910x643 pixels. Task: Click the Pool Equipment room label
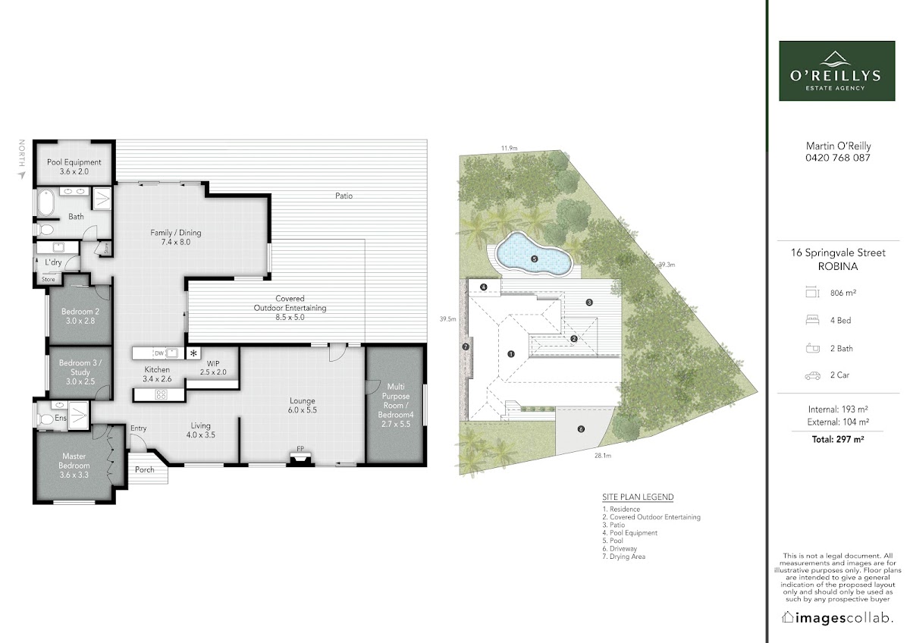click(x=74, y=167)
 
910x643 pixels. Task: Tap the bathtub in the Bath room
click(x=46, y=203)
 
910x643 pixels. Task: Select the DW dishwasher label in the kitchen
click(x=159, y=353)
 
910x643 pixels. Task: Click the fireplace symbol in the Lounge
click(x=300, y=459)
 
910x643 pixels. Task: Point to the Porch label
click(x=145, y=469)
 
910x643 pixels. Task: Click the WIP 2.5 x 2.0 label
click(x=213, y=368)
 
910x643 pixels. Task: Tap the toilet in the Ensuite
click(x=45, y=419)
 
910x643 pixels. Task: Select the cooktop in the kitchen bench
click(x=161, y=394)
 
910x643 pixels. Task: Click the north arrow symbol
click(x=21, y=175)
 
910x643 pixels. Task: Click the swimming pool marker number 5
click(x=535, y=259)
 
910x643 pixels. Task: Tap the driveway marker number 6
click(x=581, y=429)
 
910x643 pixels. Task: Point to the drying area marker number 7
click(x=466, y=347)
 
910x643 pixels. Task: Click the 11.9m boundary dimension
click(x=509, y=149)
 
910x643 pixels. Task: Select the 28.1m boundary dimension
click(x=603, y=456)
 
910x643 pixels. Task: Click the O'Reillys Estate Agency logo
click(x=837, y=71)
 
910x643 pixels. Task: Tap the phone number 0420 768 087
click(x=838, y=158)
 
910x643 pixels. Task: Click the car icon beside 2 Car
click(x=812, y=376)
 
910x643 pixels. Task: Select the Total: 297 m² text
click(x=838, y=440)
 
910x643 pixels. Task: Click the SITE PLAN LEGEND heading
click(x=638, y=497)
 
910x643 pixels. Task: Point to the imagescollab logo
click(x=837, y=618)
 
